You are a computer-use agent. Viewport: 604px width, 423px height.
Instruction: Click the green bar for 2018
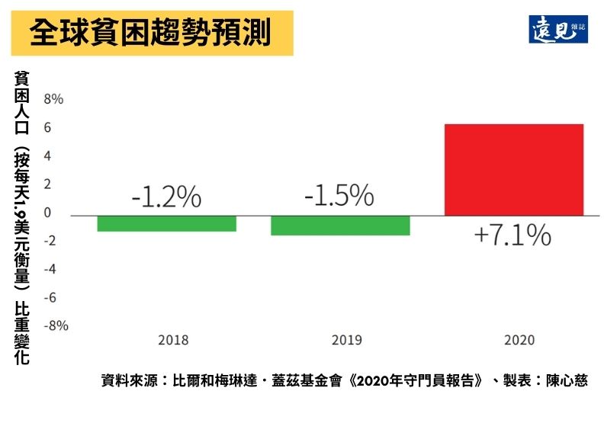point(167,223)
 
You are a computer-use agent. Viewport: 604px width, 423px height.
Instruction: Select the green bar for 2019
point(340,226)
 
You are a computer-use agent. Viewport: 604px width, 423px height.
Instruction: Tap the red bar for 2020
point(513,169)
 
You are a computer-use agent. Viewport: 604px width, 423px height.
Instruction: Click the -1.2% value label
point(166,197)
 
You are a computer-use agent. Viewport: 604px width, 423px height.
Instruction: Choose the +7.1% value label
point(512,235)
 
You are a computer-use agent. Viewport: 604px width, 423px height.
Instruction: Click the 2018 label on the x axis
point(173,340)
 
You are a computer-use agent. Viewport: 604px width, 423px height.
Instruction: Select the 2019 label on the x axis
point(346,340)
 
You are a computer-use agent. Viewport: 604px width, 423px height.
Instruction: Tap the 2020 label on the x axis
point(519,340)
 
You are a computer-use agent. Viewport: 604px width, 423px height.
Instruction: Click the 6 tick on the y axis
point(47,127)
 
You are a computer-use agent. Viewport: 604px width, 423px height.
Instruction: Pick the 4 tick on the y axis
point(47,155)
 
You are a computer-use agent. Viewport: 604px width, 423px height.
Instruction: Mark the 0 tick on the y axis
point(47,213)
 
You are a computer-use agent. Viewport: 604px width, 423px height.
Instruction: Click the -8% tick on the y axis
point(55,325)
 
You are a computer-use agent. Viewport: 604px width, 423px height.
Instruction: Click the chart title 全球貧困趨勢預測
point(150,33)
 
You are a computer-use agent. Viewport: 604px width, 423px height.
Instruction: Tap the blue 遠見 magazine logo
point(558,29)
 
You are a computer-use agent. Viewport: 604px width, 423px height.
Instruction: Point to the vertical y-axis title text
point(21,217)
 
